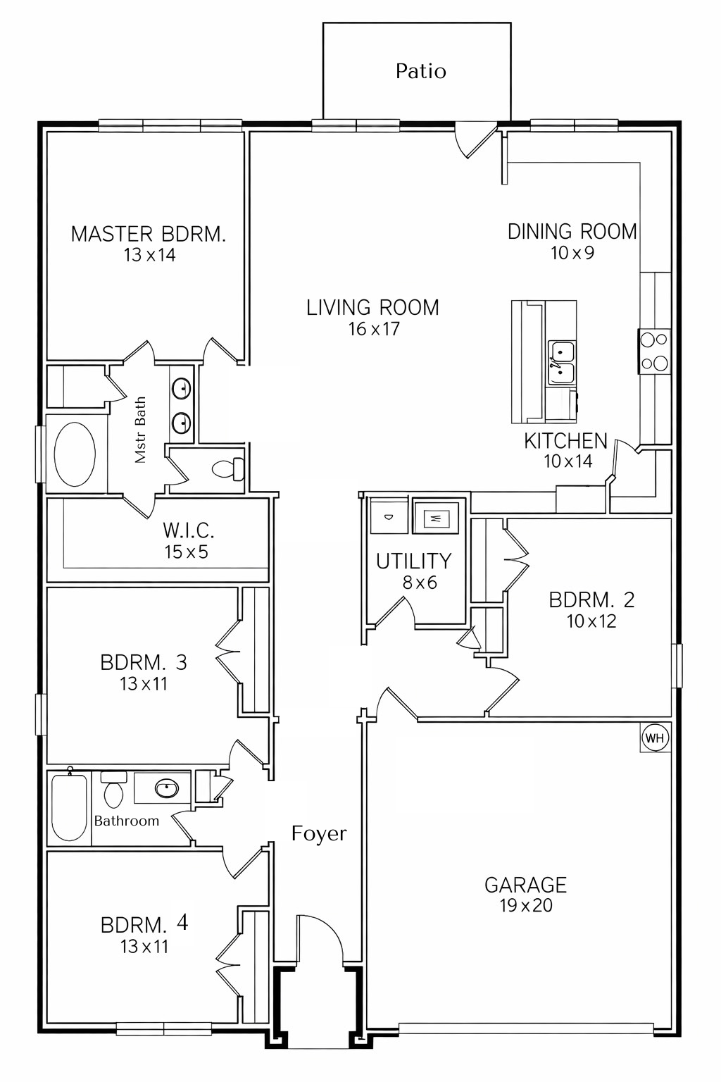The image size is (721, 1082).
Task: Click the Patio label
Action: coord(420,71)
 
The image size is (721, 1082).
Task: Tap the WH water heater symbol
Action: coord(654,738)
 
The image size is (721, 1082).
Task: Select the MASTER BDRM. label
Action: coord(149,234)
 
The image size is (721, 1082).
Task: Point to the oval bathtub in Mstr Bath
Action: coord(75,454)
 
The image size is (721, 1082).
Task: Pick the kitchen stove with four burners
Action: coord(654,351)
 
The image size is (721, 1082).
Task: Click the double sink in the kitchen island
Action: coord(562,361)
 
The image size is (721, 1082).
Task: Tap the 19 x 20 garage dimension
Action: coord(526,906)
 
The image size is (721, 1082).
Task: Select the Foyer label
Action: coord(319,834)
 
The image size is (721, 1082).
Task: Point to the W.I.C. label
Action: coord(188,530)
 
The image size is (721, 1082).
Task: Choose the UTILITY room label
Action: coord(413,561)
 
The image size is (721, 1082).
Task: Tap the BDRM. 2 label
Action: coord(591,600)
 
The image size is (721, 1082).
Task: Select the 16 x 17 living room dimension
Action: coord(374,329)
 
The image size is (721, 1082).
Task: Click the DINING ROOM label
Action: coord(572,232)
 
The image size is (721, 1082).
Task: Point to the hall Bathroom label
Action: coord(127,821)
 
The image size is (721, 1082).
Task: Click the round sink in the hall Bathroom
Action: coord(167,788)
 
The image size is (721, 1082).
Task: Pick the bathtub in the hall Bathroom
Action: coord(69,807)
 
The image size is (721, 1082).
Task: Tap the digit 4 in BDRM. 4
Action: coord(182,922)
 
